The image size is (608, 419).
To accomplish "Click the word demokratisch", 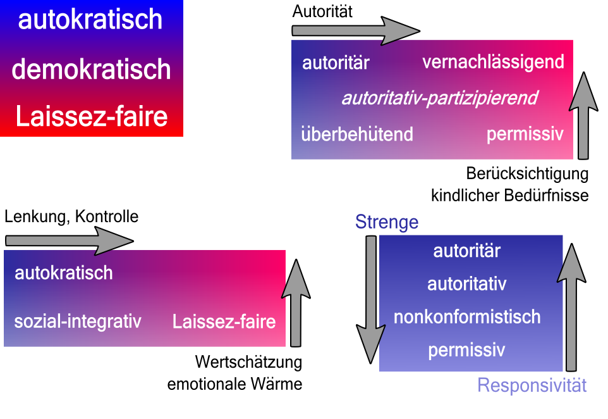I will (91, 69).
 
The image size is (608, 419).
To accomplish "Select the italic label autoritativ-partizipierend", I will (439, 98).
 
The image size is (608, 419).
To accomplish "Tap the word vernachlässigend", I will (493, 62).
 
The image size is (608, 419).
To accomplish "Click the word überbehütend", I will (357, 134).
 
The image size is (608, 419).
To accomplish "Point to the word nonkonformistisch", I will (467, 316).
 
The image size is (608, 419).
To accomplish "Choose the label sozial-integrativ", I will (78, 321).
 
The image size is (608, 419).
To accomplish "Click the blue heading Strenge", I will (387, 222).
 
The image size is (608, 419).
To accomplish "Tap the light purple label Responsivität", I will (532, 385).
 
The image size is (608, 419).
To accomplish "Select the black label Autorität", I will (322, 11).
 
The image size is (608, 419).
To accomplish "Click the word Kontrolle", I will (106, 216).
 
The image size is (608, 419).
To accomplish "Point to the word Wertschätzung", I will (248, 363).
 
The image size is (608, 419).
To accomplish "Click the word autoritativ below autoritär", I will (467, 284).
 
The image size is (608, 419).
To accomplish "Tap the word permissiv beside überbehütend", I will (525, 134).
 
